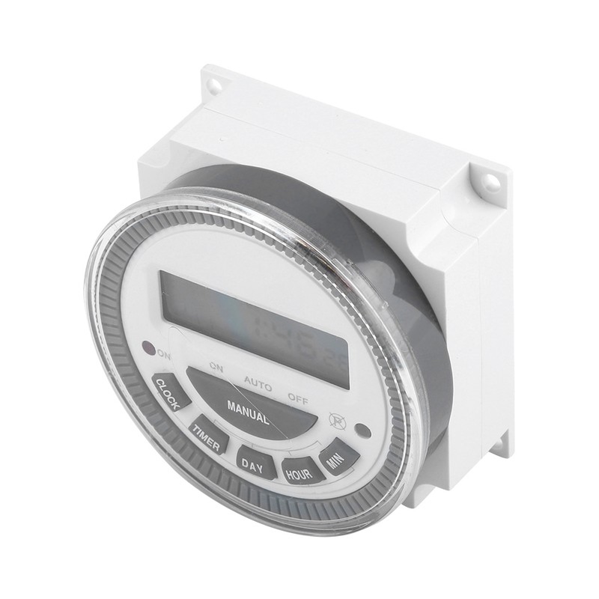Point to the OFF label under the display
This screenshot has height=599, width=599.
tap(297, 399)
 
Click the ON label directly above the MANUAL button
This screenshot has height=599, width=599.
tap(216, 367)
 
